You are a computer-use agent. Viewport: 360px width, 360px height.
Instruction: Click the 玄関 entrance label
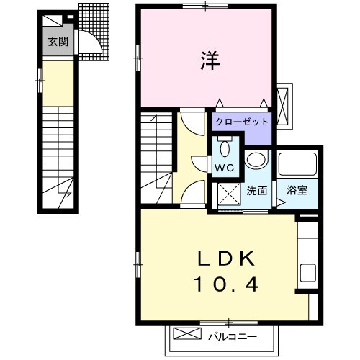[58, 42]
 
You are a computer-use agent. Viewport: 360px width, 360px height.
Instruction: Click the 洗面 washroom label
[257, 191]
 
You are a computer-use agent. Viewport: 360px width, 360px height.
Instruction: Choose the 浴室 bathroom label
[297, 191]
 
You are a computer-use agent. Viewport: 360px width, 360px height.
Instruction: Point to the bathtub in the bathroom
[297, 166]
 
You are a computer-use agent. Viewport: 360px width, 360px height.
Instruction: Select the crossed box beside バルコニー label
[187, 334]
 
